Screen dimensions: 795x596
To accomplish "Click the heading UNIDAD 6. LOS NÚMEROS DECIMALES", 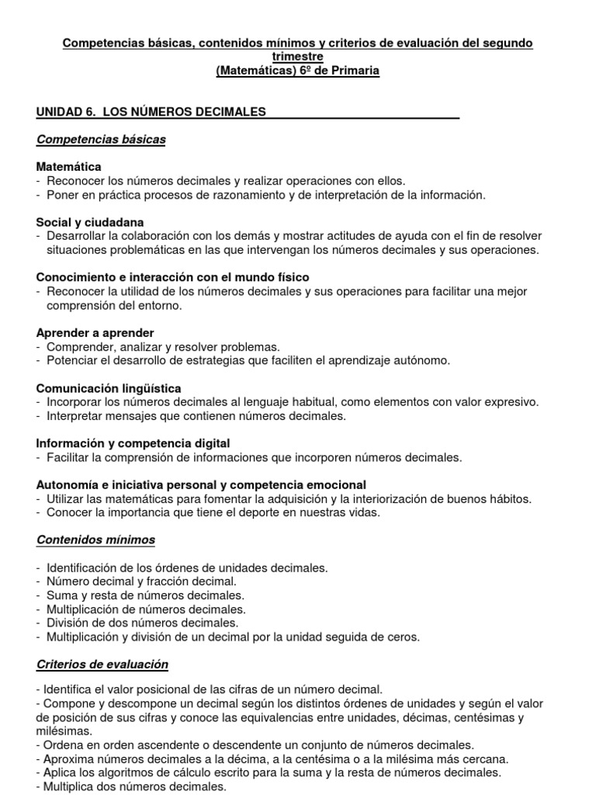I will click(x=151, y=112).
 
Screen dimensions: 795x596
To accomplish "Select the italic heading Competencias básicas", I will click(x=101, y=139).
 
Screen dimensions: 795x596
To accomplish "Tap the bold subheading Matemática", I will click(x=68, y=167).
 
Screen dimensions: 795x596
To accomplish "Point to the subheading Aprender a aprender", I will click(x=95, y=332).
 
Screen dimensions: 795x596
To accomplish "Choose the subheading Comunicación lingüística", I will click(x=109, y=387).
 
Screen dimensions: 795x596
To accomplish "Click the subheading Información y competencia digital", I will click(x=133, y=443).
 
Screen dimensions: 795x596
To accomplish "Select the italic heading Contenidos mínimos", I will click(x=95, y=540).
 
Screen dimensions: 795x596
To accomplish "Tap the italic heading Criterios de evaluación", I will click(x=102, y=665).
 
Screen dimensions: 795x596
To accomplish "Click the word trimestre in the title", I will click(x=298, y=57).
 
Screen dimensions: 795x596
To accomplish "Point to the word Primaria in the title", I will click(x=352, y=71).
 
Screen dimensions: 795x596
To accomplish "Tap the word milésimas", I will click(x=64, y=731).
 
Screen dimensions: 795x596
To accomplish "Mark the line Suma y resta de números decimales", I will click(x=145, y=595).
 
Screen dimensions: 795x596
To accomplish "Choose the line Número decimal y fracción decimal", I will click(x=141, y=581).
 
